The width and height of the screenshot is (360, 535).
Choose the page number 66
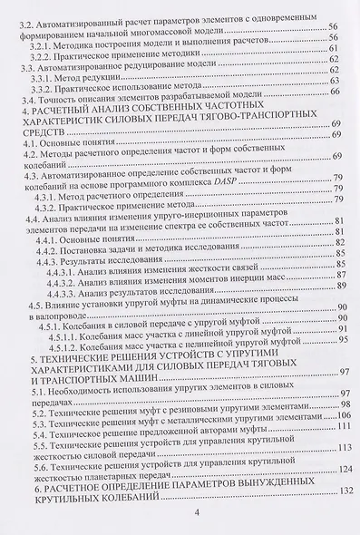(x=336, y=92)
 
